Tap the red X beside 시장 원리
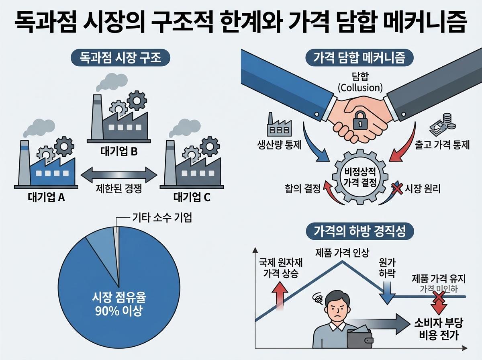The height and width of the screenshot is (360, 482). click(397, 188)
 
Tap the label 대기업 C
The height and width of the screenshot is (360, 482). click(192, 198)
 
